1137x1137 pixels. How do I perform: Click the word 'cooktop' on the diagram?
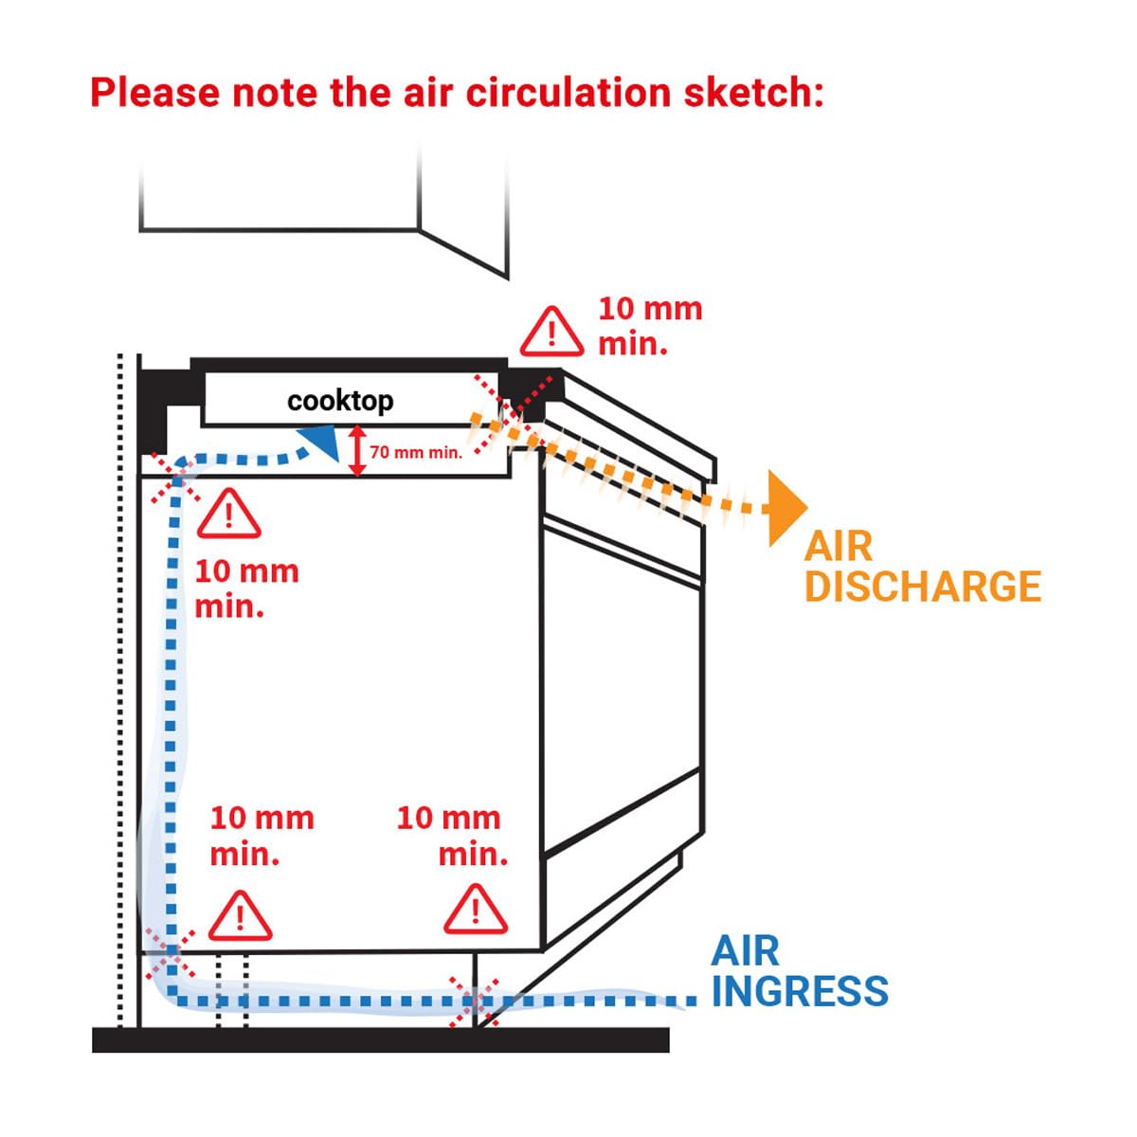tap(340, 401)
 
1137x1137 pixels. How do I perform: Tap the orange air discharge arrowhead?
tap(785, 508)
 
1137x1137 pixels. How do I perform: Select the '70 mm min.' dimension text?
tap(416, 453)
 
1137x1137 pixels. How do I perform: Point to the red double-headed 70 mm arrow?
tap(356, 451)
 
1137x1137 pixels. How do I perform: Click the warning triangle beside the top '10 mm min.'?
tap(551, 331)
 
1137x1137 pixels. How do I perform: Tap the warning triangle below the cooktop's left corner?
tap(228, 514)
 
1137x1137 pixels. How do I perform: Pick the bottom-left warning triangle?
tap(240, 916)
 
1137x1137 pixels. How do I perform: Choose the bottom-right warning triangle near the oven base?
tap(475, 911)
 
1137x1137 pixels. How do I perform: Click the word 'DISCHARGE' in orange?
tap(923, 587)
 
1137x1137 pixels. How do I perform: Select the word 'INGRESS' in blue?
tap(800, 991)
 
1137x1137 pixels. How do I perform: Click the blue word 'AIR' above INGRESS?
tap(745, 950)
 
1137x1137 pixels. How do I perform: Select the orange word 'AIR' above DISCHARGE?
tap(838, 547)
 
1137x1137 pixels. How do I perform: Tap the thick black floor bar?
tap(379, 1039)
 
